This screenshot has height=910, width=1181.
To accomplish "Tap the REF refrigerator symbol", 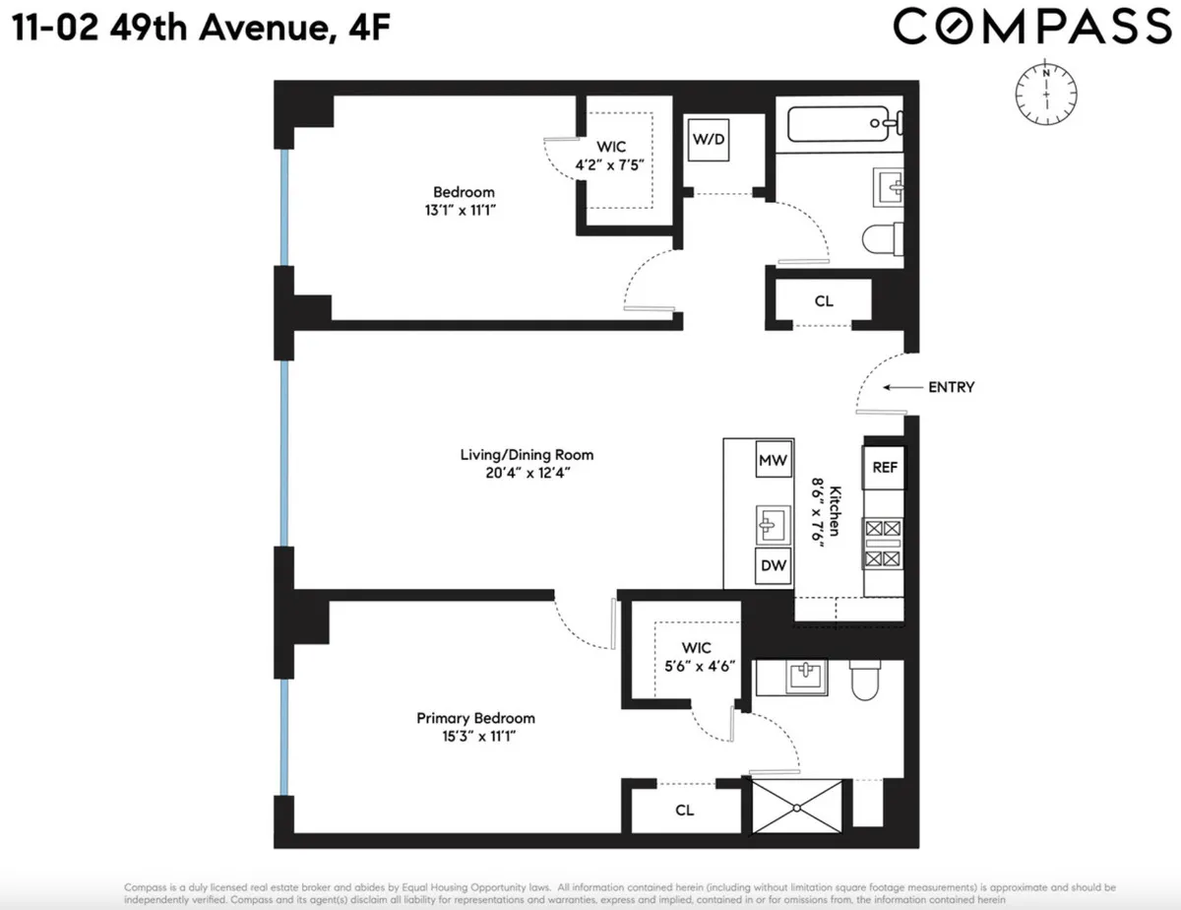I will click(x=884, y=467).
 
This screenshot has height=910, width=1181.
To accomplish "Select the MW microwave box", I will click(x=771, y=460).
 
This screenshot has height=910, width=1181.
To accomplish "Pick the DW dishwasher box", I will click(x=771, y=565).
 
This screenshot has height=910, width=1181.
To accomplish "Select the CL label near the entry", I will click(x=824, y=301).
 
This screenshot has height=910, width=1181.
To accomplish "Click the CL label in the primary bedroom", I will click(x=685, y=811).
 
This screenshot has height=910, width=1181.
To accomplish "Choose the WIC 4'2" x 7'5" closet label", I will click(x=614, y=155).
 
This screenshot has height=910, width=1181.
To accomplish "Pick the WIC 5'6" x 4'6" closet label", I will click(x=696, y=656).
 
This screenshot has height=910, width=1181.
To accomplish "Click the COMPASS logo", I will click(x=1029, y=28).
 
